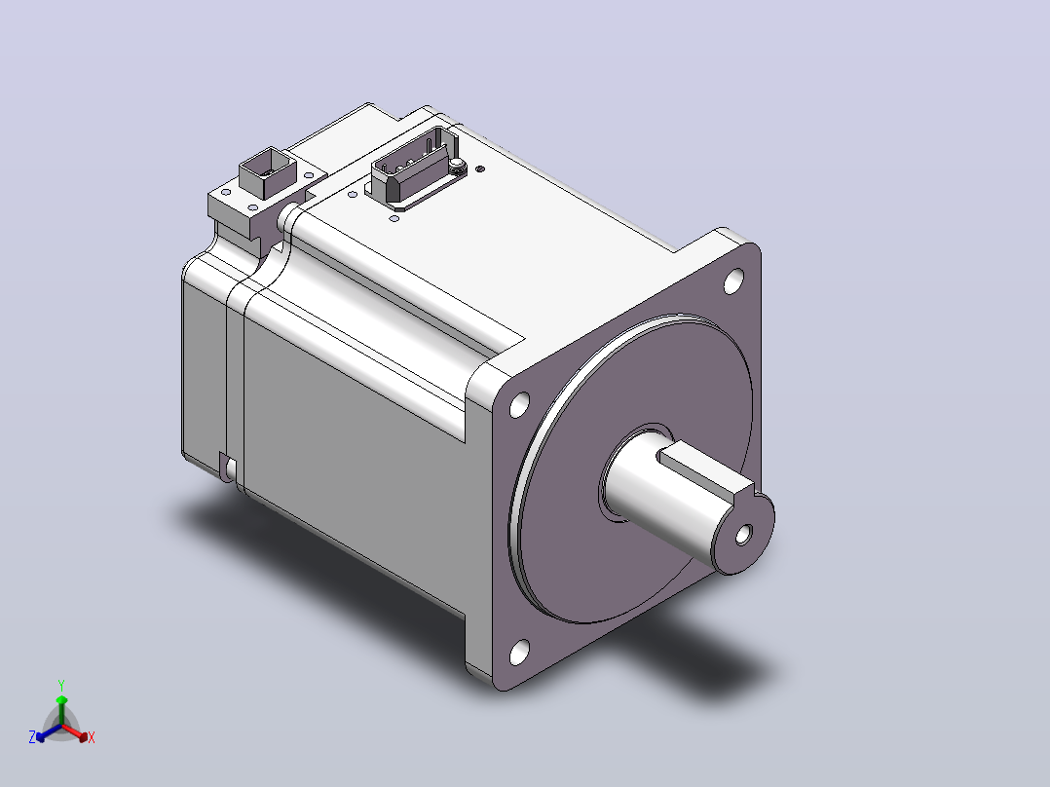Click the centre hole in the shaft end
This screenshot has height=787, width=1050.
tap(743, 535)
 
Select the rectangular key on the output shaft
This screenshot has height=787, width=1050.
tap(706, 473)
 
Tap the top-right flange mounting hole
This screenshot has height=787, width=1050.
tap(734, 281)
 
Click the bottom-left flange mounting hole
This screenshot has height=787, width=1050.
tap(519, 652)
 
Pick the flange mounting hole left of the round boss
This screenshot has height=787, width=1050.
tap(519, 404)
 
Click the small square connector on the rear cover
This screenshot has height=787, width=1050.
tap(267, 171)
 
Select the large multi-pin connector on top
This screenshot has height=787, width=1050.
tap(415, 163)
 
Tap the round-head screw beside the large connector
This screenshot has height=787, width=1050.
tap(457, 164)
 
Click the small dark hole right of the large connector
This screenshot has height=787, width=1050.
tap(479, 169)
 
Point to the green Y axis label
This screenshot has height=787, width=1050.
tap(61, 685)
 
